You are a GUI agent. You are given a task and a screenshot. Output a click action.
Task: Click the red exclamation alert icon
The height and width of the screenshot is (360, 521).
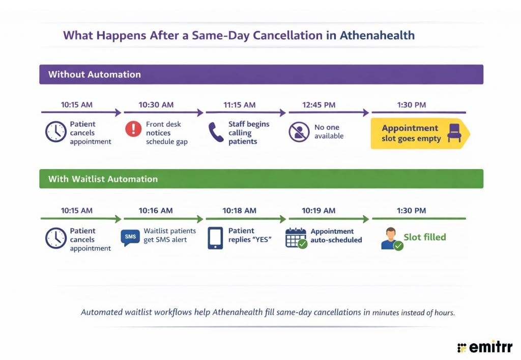pos(133,129)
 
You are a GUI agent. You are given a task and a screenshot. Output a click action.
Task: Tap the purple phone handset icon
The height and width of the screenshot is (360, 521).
pos(215,132)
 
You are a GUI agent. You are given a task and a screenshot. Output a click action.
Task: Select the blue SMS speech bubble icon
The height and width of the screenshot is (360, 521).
pos(130,237)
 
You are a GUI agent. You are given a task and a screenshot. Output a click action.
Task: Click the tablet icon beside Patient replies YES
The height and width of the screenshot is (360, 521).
pos(215,238)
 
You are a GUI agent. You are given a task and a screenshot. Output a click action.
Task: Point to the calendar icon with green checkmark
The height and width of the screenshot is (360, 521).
pos(296,238)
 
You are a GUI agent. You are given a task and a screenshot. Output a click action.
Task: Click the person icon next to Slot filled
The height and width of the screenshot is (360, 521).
pos(390,239)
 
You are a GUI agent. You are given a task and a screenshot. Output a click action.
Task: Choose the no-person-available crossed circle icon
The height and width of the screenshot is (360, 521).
pos(299,132)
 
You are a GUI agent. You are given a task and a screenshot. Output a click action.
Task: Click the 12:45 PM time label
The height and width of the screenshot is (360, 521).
pos(319,105)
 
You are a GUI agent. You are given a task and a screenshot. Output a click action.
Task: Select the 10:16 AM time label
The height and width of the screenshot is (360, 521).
pos(156,210)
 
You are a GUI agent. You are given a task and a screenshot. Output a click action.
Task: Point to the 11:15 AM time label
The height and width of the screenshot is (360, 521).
pos(239,105)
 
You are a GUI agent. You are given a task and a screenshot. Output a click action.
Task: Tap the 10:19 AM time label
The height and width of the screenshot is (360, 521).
pos(319,210)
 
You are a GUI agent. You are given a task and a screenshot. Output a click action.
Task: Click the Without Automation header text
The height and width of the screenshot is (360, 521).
pos(95,74)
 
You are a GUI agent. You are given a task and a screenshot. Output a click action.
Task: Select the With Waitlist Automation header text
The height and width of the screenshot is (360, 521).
pos(103,179)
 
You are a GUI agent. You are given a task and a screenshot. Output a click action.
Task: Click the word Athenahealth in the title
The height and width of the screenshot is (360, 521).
pos(377,36)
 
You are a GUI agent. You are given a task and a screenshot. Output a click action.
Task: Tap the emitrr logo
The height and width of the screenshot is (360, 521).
pos(485,347)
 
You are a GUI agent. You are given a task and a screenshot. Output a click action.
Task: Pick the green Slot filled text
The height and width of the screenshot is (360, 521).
pos(425,237)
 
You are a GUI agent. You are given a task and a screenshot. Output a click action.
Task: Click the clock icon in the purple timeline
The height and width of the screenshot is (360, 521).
pos(55,132)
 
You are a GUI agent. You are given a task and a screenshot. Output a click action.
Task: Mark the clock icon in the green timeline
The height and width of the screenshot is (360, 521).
pos(55,238)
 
